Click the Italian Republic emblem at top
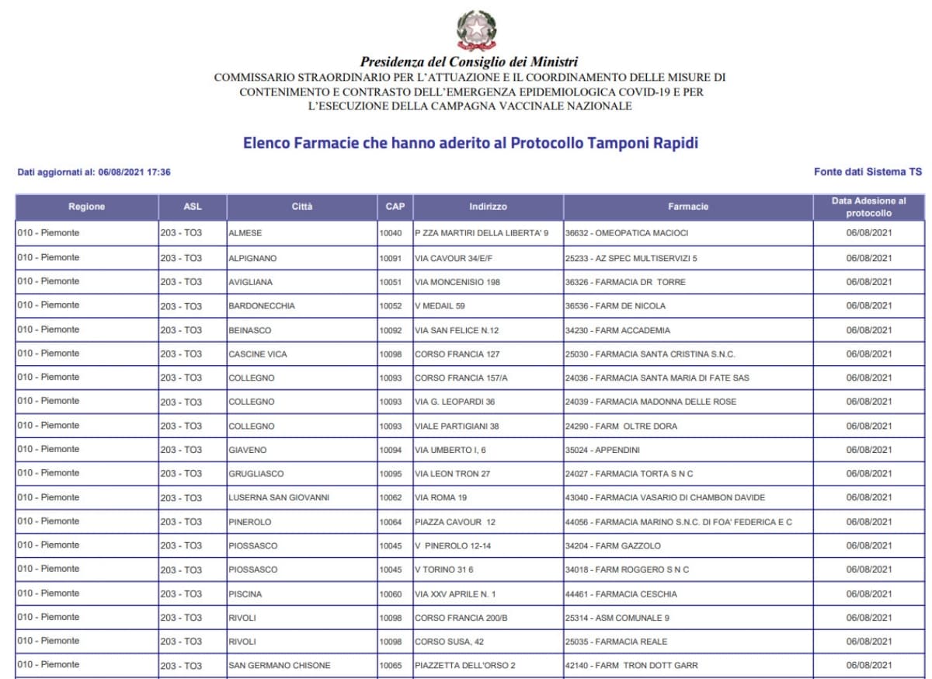click(476, 30)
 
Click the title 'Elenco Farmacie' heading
click(471, 144)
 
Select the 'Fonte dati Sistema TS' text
click(868, 172)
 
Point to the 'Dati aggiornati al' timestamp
click(94, 172)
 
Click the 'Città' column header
click(302, 207)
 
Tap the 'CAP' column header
click(395, 207)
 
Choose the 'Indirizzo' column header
click(488, 207)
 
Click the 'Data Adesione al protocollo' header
click(868, 207)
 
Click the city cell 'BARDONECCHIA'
click(262, 306)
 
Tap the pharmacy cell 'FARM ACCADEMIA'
click(617, 330)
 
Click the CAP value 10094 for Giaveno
click(391, 450)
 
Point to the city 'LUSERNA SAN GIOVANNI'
click(279, 498)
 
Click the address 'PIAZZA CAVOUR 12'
click(455, 522)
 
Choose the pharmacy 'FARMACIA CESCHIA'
click(621, 594)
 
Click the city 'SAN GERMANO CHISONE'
click(280, 666)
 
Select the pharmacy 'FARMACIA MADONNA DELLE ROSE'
click(651, 402)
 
